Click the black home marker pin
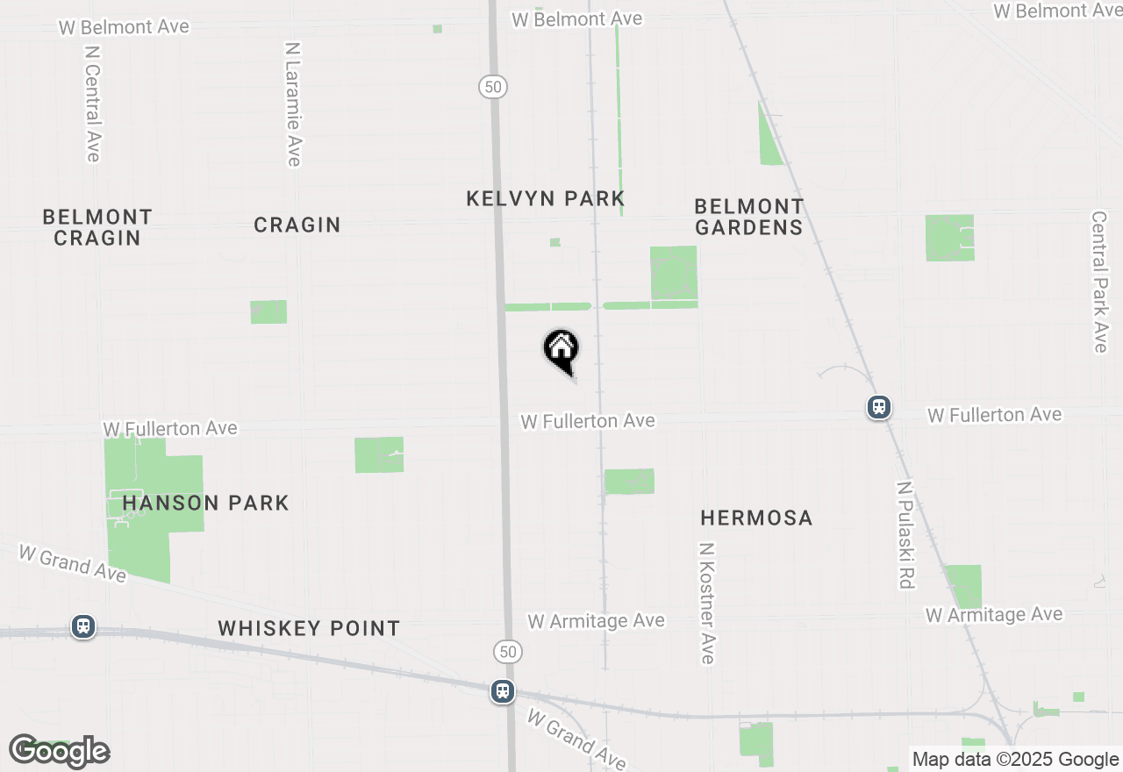coord(561,350)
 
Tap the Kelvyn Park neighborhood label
coord(545,198)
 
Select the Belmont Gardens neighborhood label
coord(748,217)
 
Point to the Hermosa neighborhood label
coord(756,518)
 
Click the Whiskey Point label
coord(309,628)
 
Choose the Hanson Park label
coord(205,503)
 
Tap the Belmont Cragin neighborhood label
coord(97,226)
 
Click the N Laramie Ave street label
coord(293,104)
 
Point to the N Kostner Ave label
coord(707,603)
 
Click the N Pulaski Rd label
coord(905,534)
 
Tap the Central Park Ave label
coord(1099,282)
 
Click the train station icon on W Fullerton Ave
coord(879,407)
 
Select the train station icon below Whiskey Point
coord(503,691)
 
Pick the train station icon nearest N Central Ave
coord(83,626)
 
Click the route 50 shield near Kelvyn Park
coord(493,86)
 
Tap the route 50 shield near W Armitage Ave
coord(507,651)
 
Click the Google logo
coord(60,751)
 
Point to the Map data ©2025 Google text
coord(1015,760)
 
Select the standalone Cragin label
coord(297,225)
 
